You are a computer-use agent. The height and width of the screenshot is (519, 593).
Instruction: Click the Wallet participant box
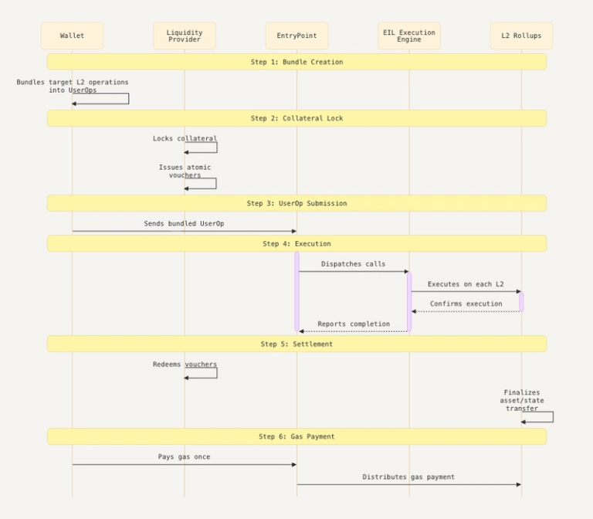[x=72, y=36]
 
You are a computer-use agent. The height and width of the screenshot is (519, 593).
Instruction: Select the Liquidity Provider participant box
[x=185, y=36]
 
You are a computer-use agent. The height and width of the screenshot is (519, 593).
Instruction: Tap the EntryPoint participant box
[x=296, y=36]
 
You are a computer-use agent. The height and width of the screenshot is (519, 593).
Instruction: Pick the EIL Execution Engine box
[x=409, y=36]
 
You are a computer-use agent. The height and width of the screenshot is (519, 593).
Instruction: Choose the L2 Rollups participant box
[x=521, y=36]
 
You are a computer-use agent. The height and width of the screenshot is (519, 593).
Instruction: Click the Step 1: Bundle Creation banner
[x=296, y=62]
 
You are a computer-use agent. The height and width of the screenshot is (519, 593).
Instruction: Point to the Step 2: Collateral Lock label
[x=296, y=118]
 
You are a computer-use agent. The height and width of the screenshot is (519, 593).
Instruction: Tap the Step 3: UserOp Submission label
[x=296, y=203]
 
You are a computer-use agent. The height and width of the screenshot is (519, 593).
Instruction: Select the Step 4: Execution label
[x=296, y=243]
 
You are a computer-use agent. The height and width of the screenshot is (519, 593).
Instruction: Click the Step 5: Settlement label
[x=296, y=344]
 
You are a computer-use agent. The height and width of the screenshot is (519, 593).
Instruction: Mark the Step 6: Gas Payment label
[x=296, y=436]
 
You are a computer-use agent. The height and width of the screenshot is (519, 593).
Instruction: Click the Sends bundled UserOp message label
[x=185, y=223]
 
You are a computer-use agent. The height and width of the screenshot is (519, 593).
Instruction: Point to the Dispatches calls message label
[x=353, y=263]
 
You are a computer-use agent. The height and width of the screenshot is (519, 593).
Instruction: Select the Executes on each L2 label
[x=466, y=284]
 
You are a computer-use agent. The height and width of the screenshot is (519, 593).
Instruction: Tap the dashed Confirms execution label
[x=466, y=304]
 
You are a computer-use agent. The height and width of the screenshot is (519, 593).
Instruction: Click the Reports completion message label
[x=354, y=324]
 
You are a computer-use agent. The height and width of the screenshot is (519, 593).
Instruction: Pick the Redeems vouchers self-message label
[x=185, y=364]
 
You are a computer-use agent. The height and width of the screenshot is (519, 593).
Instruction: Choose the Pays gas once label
[x=184, y=456]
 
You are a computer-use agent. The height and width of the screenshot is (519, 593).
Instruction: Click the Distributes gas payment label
[x=408, y=477]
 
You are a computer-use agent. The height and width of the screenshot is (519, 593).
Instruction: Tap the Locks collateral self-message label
[x=185, y=138]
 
